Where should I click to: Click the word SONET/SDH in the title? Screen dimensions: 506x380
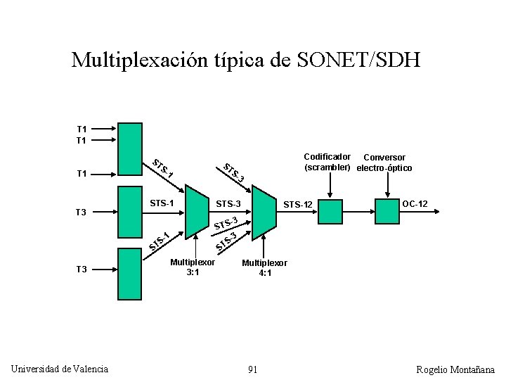pos(359,60)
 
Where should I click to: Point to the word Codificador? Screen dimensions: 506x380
pos(327,157)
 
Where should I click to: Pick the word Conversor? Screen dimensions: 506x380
pos(384,157)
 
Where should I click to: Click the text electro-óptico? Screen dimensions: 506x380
pos(384,168)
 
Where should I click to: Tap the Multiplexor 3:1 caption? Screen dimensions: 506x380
pos(193,267)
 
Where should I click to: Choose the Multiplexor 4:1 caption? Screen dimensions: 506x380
pos(264,267)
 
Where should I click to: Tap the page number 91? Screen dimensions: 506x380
pos(252,369)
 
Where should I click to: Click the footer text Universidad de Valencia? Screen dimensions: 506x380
pos(60,369)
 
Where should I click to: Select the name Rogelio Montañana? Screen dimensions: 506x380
pos(455,369)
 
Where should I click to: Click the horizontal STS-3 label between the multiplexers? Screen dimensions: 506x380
pos(228,204)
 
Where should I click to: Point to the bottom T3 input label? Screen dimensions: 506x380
pos(82,269)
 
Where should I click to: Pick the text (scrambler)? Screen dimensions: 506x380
pos(327,167)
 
